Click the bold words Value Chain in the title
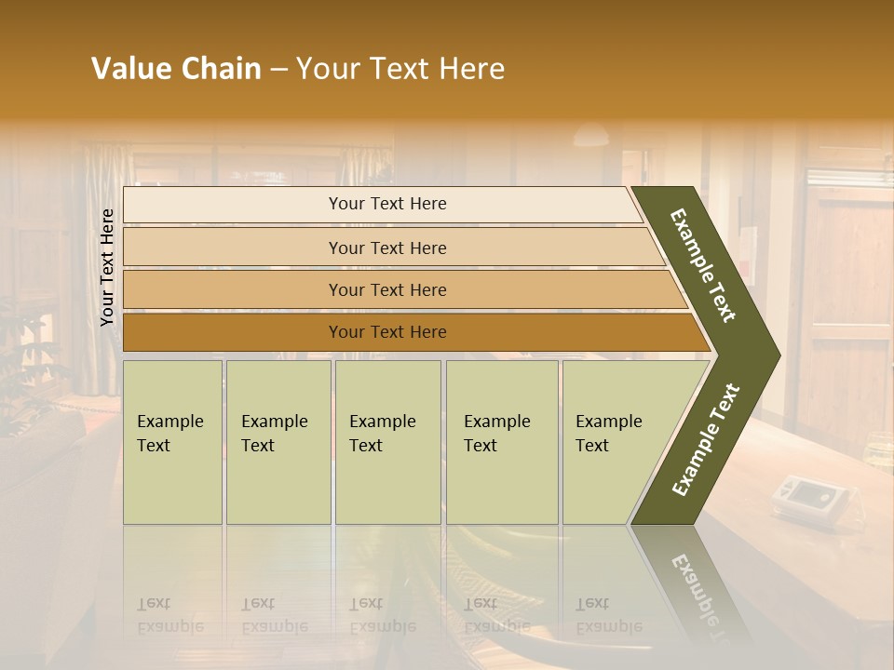[176, 69]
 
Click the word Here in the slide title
[471, 69]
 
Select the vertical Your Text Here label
[107, 267]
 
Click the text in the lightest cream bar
[387, 204]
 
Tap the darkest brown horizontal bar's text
[387, 332]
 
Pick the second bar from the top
[387, 248]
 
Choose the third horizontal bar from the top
[387, 290]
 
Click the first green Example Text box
[172, 442]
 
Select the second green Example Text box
[278, 442]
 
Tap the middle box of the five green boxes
[387, 442]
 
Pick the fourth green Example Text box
[501, 442]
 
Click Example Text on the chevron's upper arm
[703, 265]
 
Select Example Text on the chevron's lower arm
[705, 440]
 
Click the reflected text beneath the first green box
[170, 615]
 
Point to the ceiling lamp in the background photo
[590, 137]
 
